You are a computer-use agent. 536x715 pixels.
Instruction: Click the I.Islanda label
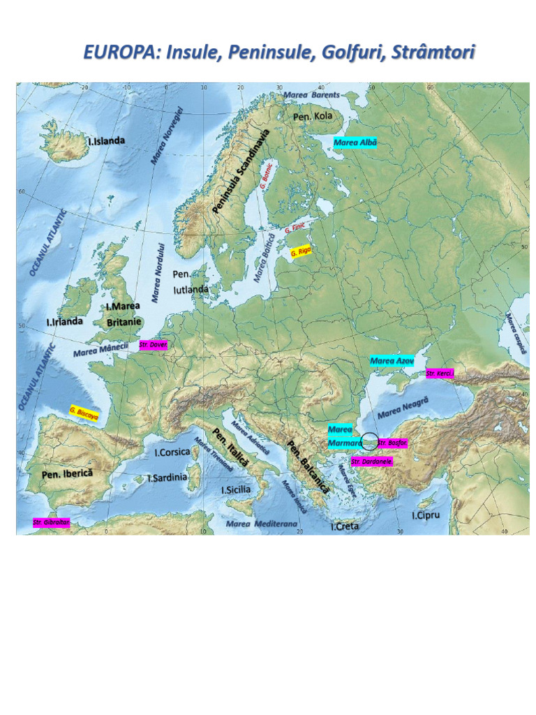pos(107,141)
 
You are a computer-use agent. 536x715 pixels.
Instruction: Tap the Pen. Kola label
pos(313,116)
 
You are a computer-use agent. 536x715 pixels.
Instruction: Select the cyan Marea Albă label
pos(355,143)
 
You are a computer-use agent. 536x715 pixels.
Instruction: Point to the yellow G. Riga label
pos(301,251)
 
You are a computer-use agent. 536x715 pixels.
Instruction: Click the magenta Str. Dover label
pos(153,344)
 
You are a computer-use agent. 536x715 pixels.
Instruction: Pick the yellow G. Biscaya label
pos(84,413)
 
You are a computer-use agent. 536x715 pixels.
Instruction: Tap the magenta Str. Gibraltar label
pos(51,522)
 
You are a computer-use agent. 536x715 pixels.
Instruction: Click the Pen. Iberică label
pos(67,473)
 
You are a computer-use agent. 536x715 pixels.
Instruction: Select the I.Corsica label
pos(172,452)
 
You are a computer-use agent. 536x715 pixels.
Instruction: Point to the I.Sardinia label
pos(167,478)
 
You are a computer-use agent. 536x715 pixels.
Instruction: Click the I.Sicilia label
pos(236,489)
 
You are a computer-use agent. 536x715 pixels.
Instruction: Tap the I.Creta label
pos(345,526)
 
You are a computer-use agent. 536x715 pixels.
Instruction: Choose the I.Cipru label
pos(425,515)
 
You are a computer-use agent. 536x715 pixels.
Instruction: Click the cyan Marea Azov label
pos(392,361)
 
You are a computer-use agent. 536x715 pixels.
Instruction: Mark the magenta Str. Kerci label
pos(440,374)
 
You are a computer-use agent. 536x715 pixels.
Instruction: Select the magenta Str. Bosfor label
pos(392,443)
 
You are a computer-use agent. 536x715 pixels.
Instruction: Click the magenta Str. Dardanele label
pos(371,462)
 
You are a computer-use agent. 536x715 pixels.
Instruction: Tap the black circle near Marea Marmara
pos(369,441)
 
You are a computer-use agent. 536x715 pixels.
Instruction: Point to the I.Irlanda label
pos(64,322)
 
